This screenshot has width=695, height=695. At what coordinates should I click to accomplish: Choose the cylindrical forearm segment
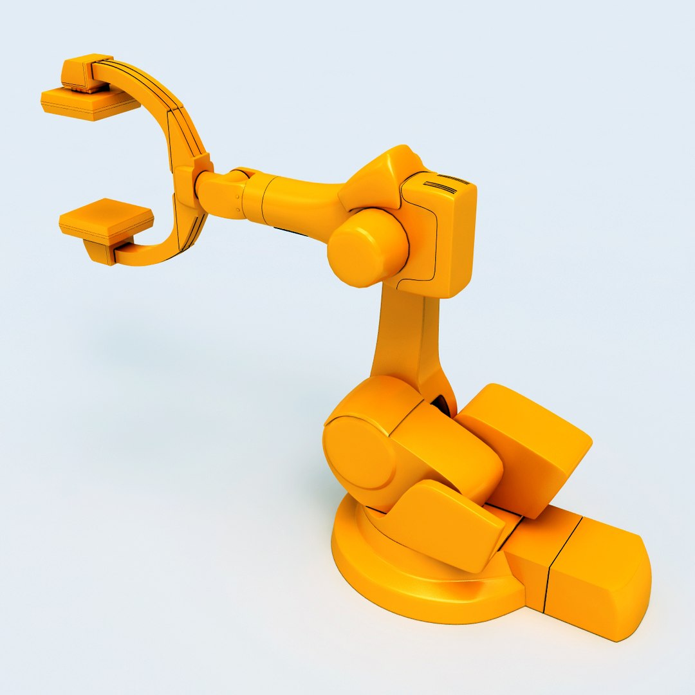point(293,203)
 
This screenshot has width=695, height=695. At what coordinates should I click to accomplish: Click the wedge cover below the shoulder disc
point(444,521)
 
